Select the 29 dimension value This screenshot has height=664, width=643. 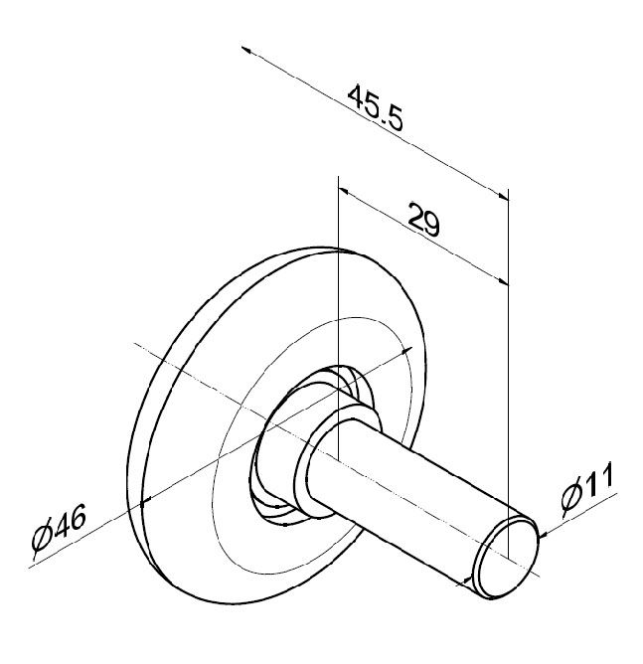point(424,221)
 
